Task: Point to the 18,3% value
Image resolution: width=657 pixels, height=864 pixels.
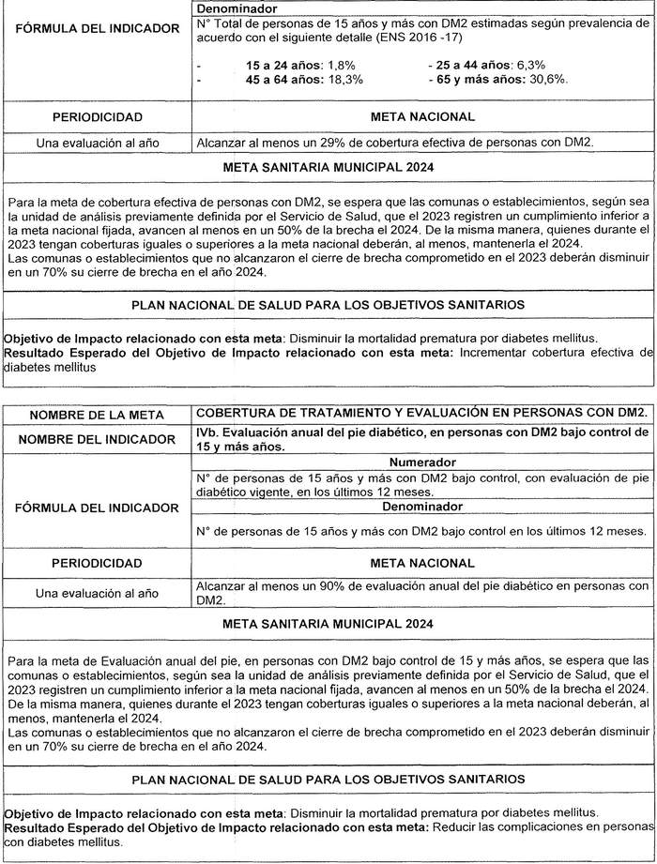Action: (x=344, y=81)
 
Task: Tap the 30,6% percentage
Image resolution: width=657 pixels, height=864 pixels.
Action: (x=547, y=81)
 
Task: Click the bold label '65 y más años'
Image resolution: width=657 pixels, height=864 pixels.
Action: (x=477, y=81)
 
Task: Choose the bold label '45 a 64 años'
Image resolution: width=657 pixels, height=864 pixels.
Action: (x=284, y=81)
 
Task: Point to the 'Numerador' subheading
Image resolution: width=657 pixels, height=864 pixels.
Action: (x=423, y=462)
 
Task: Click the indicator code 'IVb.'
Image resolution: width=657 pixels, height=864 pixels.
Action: (x=208, y=432)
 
